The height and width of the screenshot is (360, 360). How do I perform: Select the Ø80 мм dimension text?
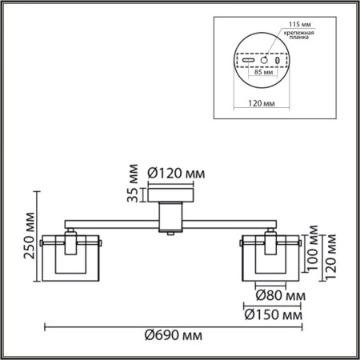point(275,296)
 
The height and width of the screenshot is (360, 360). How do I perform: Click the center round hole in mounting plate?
point(263,60)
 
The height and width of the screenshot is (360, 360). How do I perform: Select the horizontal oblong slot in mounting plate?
point(249,60)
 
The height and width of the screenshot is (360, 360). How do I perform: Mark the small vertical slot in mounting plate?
point(278,60)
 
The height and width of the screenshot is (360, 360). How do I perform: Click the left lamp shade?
point(71,257)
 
